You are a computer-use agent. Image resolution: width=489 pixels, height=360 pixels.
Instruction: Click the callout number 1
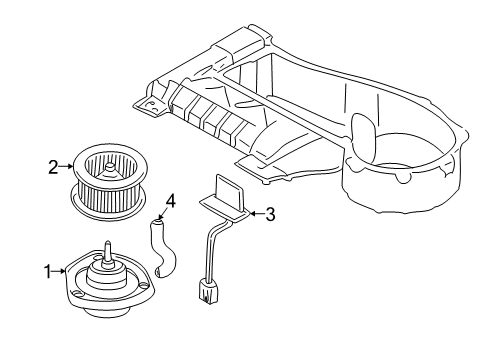pyautogui.click(x=46, y=270)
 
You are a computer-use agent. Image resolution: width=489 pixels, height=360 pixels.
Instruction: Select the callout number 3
pyautogui.click(x=269, y=212)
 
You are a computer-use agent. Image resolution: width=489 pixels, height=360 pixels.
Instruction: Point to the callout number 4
pyautogui.click(x=170, y=201)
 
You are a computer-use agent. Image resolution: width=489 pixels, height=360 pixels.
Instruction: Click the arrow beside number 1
pyautogui.click(x=59, y=270)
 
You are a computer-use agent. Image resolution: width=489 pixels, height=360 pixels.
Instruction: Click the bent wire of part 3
pyautogui.click(x=210, y=250)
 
